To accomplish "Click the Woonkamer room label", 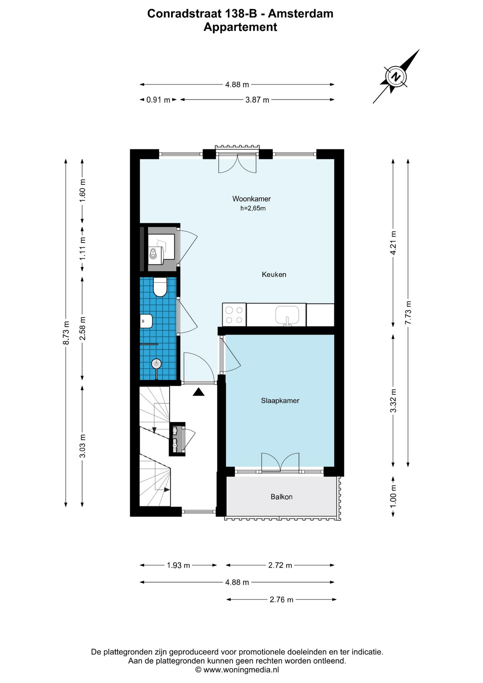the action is [251, 199].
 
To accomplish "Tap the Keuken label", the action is [274, 274].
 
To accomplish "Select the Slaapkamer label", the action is [280, 401].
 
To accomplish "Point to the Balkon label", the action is [281, 497].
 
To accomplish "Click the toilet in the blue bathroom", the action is [160, 287].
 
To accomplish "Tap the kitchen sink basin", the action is [287, 314].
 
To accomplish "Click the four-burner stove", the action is [234, 315].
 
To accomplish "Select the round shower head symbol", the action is [156, 364].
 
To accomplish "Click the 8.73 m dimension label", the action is [66, 333].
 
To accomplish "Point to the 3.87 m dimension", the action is [257, 100].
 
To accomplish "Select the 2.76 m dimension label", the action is [281, 599].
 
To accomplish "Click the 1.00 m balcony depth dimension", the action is [393, 497].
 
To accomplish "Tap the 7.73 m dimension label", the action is [408, 312].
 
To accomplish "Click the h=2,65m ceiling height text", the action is [253, 208].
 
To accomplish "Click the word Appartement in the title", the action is [240, 27].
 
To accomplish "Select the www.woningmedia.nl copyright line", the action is [237, 670].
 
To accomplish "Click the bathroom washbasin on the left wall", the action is [146, 321].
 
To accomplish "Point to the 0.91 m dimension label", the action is [158, 100].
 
